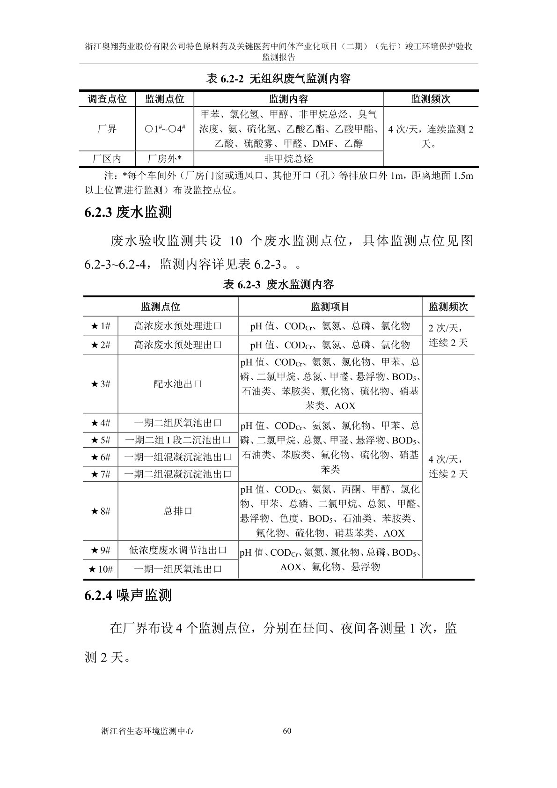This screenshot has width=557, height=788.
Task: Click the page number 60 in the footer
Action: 287,731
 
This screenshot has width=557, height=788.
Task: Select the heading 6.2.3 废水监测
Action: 128,213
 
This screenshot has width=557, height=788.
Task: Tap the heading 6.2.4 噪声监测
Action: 128,595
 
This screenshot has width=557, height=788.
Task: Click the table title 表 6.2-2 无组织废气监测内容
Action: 278,79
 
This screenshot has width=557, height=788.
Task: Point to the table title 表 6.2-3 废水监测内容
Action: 278,284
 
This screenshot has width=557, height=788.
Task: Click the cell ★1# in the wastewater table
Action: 101,326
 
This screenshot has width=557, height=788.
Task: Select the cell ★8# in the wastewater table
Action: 101,511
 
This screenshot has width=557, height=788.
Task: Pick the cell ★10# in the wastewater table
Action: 101,569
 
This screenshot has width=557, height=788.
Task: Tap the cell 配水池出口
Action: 178,384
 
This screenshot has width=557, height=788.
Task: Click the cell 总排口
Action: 178,511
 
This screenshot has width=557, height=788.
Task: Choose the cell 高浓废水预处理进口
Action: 178,326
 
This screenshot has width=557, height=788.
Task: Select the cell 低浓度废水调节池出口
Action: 178,550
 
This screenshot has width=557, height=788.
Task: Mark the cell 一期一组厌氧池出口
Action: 178,569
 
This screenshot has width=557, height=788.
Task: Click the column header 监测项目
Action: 330,307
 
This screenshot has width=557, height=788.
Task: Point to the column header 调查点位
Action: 107,99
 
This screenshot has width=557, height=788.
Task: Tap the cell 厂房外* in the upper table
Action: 164,158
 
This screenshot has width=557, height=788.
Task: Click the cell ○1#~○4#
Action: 164,129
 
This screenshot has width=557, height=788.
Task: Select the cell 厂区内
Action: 107,158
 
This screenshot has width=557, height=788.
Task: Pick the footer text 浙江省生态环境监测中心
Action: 147,731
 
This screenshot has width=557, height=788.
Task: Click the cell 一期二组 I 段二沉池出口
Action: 178,440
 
